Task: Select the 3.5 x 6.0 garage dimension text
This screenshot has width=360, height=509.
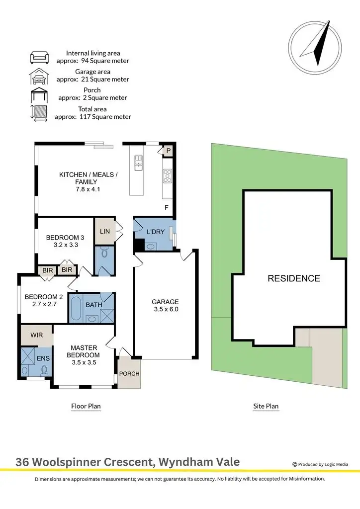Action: point(166,309)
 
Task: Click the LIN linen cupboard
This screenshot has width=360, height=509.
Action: point(104,231)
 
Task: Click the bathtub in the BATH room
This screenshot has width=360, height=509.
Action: point(76,309)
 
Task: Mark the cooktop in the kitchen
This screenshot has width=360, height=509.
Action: point(168,174)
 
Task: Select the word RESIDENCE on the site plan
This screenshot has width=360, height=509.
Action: point(294,278)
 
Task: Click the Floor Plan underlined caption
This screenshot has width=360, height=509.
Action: point(86,406)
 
